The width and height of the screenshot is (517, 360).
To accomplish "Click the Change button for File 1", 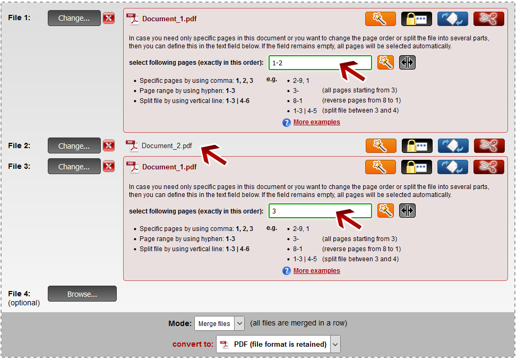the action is (x=74, y=18).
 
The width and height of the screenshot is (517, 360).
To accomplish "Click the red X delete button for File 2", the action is (x=109, y=145).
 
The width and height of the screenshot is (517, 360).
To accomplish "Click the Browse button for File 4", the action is (x=82, y=294).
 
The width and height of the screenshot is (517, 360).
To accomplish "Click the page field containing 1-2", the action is (x=320, y=63).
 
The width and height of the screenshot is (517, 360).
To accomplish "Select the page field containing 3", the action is (x=320, y=211).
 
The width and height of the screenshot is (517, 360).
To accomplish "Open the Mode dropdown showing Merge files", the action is (x=219, y=323).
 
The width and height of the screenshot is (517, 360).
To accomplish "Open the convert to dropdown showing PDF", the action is (x=278, y=344).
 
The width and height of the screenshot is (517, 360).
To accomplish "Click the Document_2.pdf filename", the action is (x=167, y=146).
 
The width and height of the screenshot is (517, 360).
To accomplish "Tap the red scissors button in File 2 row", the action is (x=489, y=146).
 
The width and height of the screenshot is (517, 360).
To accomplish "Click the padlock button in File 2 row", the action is (x=417, y=146).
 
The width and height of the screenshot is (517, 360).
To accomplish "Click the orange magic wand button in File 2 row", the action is (x=381, y=146).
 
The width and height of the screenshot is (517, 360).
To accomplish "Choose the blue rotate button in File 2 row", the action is (x=453, y=146).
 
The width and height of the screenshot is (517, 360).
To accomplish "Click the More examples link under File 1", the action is (x=316, y=122).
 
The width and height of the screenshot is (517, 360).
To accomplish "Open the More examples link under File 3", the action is (x=316, y=271).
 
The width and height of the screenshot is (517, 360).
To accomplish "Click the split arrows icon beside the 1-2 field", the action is (x=407, y=63).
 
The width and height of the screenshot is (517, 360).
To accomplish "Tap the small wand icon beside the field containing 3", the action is (x=385, y=211).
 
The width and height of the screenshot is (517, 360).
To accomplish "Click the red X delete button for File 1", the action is (x=109, y=18).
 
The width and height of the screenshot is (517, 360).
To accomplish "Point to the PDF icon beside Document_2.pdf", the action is (x=132, y=145).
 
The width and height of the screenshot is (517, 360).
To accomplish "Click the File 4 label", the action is (x=19, y=294).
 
